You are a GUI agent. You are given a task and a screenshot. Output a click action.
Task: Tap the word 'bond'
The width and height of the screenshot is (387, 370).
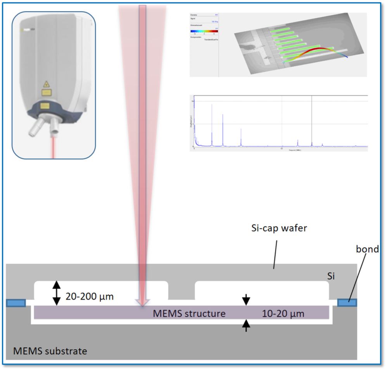(x=367, y=249)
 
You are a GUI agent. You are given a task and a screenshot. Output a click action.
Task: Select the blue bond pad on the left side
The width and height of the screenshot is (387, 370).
(x=16, y=303)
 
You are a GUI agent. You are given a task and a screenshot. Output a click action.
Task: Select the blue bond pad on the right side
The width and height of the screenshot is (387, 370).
(x=347, y=302)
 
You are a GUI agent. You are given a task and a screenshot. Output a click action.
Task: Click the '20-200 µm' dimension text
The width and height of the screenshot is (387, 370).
(x=90, y=297)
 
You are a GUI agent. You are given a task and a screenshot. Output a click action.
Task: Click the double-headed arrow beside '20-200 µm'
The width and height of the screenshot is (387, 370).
(x=57, y=292)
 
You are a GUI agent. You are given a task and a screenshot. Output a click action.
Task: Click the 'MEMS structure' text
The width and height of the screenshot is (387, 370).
(x=189, y=313)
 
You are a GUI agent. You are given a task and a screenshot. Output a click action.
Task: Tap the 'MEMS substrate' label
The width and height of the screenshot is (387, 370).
(x=50, y=351)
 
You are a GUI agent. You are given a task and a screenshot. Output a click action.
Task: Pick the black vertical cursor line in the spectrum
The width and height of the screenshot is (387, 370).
(x=312, y=120)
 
